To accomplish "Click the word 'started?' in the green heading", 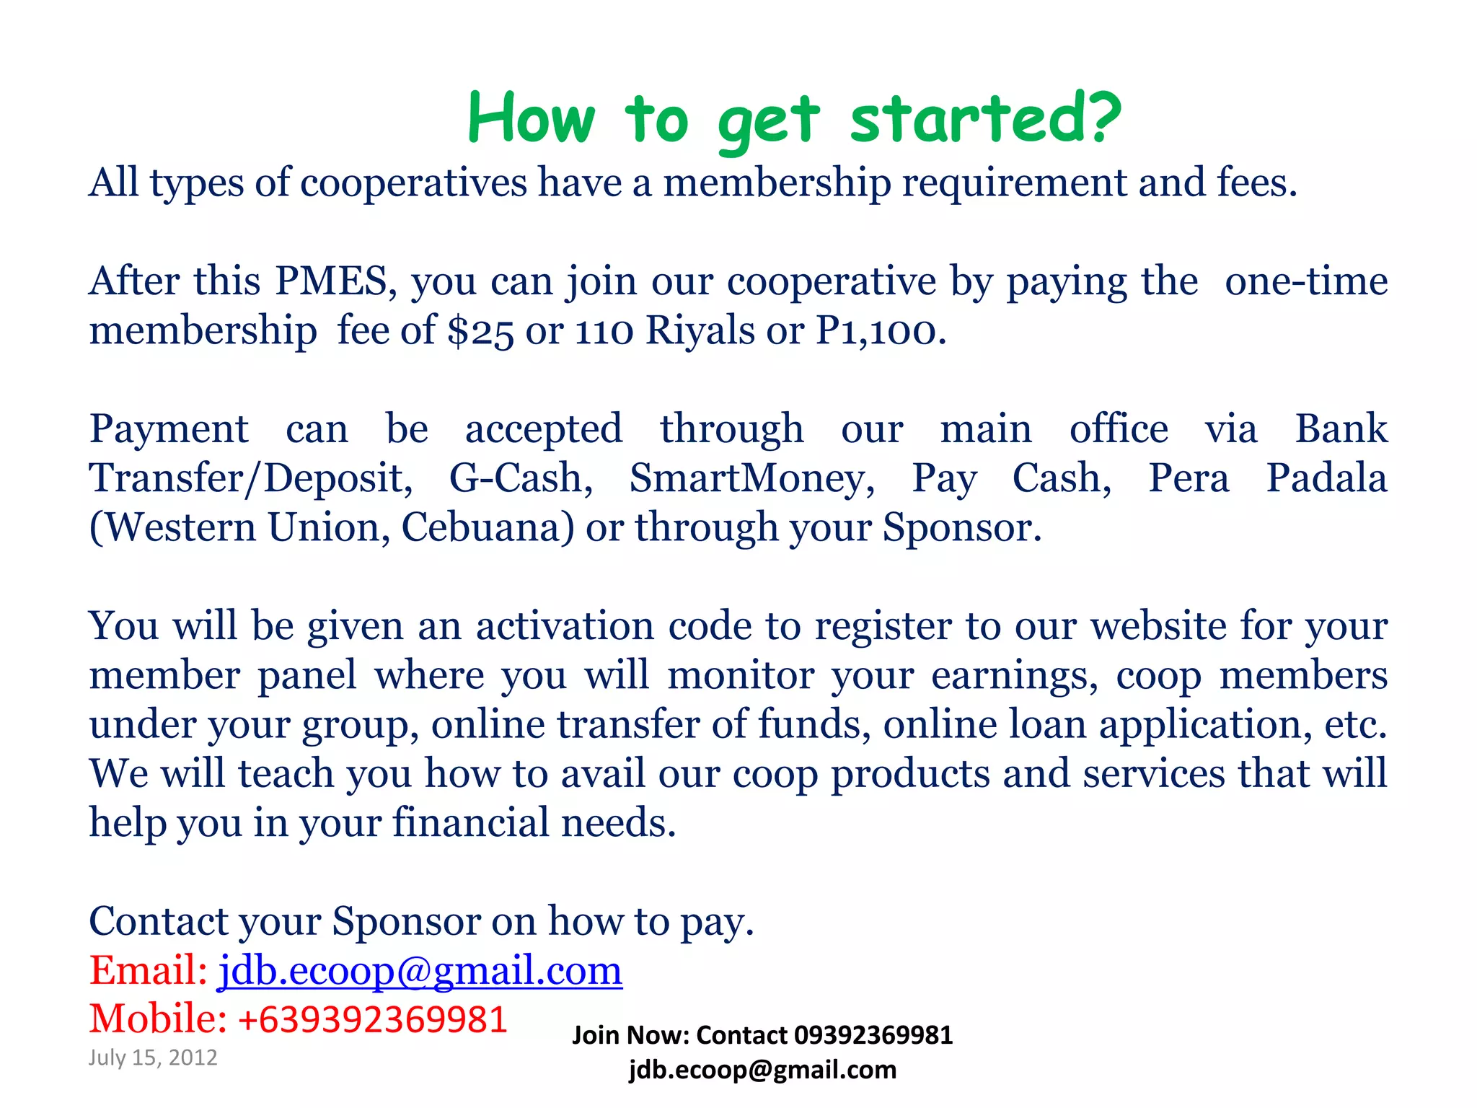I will pyautogui.click(x=985, y=119).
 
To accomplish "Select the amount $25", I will pyautogui.click(x=480, y=331).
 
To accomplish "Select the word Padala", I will pyautogui.click(x=1327, y=478).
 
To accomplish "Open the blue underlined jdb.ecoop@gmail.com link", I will pyautogui.click(x=420, y=970).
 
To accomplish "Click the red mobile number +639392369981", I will pyautogui.click(x=372, y=1019).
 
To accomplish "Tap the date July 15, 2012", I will pyautogui.click(x=153, y=1058).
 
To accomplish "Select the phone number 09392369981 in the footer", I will pyautogui.click(x=873, y=1035).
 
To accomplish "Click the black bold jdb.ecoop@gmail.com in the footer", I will pyautogui.click(x=762, y=1070).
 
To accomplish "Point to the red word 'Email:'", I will pyautogui.click(x=148, y=970).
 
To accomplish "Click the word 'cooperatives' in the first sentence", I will pyautogui.click(x=413, y=183).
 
